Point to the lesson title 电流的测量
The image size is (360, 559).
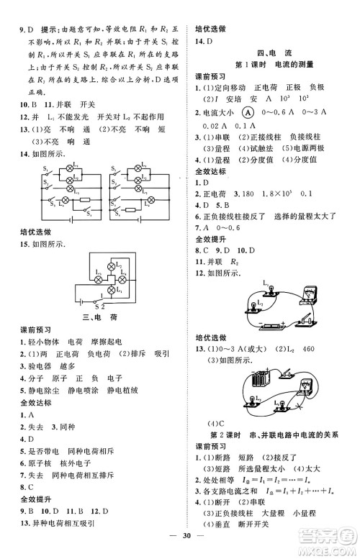[295, 65]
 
